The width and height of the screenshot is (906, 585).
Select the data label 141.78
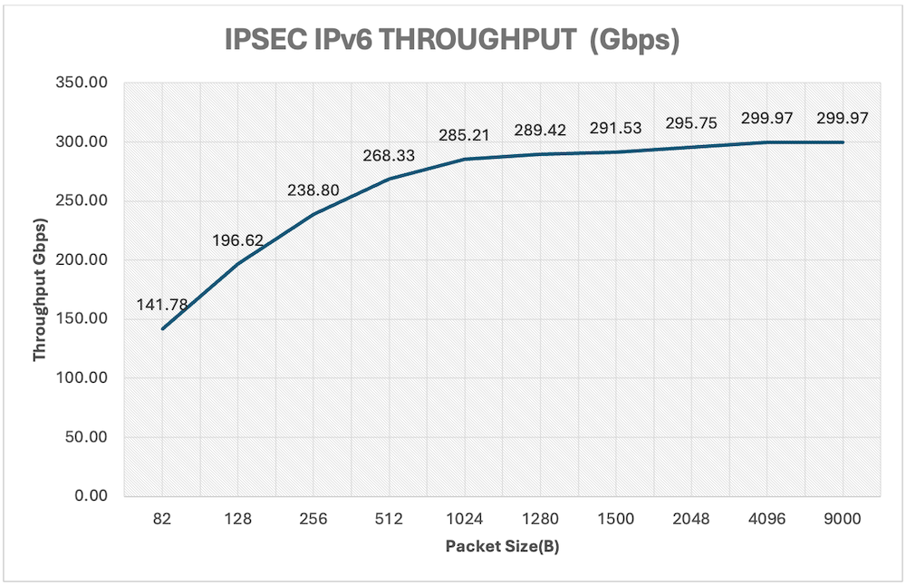[162, 305]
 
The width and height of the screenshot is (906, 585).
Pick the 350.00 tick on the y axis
[85, 83]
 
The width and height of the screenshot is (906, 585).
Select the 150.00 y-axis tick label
[85, 319]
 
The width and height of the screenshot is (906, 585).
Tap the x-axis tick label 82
[162, 520]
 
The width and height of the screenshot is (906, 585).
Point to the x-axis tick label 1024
[465, 520]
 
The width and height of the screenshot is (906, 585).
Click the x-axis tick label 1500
[616, 520]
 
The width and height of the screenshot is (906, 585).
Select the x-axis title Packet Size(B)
[503, 547]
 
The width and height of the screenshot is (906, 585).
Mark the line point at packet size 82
[162, 328]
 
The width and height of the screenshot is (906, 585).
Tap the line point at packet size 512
[390, 179]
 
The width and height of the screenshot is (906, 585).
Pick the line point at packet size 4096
[767, 142]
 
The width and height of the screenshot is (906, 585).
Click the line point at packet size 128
[237, 264]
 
